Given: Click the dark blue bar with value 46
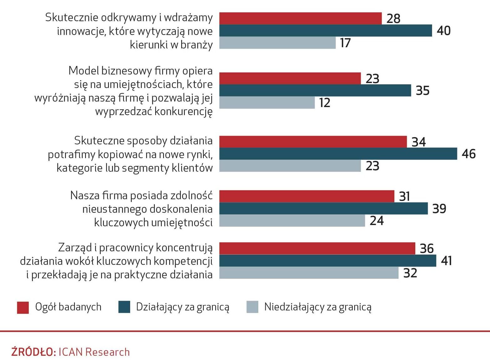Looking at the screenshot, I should point(338,154).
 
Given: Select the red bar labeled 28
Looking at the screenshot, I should point(300,18).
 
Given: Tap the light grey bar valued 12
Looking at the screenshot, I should point(267,103).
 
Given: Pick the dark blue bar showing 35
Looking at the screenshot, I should point(315,90).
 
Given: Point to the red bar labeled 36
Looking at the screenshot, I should point(317,248).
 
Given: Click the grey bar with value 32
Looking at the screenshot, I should point(309,273).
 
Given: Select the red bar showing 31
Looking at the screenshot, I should point(307,196).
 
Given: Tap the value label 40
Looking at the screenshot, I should point(444,31).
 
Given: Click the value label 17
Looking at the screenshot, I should point(345,43).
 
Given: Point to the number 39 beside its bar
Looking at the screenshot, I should point(439,208).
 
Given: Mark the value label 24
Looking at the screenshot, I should point(377,221).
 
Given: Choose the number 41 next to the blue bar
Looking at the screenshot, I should point(447,261).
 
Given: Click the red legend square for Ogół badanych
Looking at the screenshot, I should point(23,307).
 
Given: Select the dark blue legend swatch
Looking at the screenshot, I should point(124,307).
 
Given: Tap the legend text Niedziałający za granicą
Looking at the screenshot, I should point(318,307).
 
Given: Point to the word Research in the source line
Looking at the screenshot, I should point(108,352).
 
